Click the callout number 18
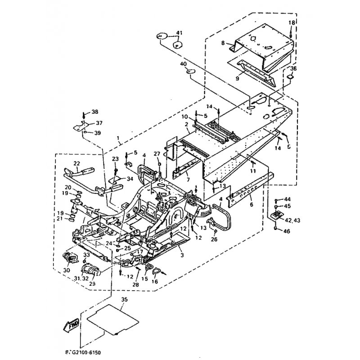coord(291,22)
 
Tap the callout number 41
coord(180,33)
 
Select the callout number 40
coord(183,64)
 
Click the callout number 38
coord(94,112)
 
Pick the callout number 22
coord(76,163)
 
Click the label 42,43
coord(288,220)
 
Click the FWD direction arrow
coord(72,323)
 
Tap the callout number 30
coord(67,270)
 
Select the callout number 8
coord(222,43)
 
